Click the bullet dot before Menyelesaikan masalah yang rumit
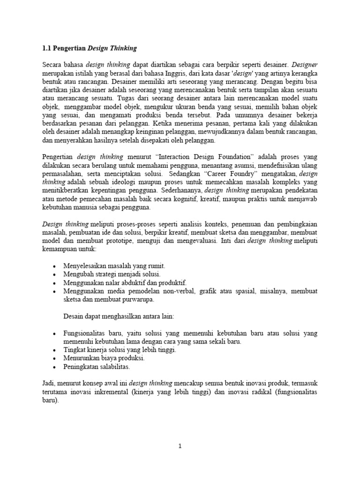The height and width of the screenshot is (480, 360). (x=55, y=266)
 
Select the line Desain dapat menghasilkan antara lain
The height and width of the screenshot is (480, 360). (x=119, y=317)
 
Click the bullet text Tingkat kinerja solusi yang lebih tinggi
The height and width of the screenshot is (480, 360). (x=120, y=350)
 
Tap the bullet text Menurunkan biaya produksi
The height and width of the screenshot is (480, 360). (x=100, y=359)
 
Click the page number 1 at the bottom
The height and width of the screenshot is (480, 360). (x=180, y=446)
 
